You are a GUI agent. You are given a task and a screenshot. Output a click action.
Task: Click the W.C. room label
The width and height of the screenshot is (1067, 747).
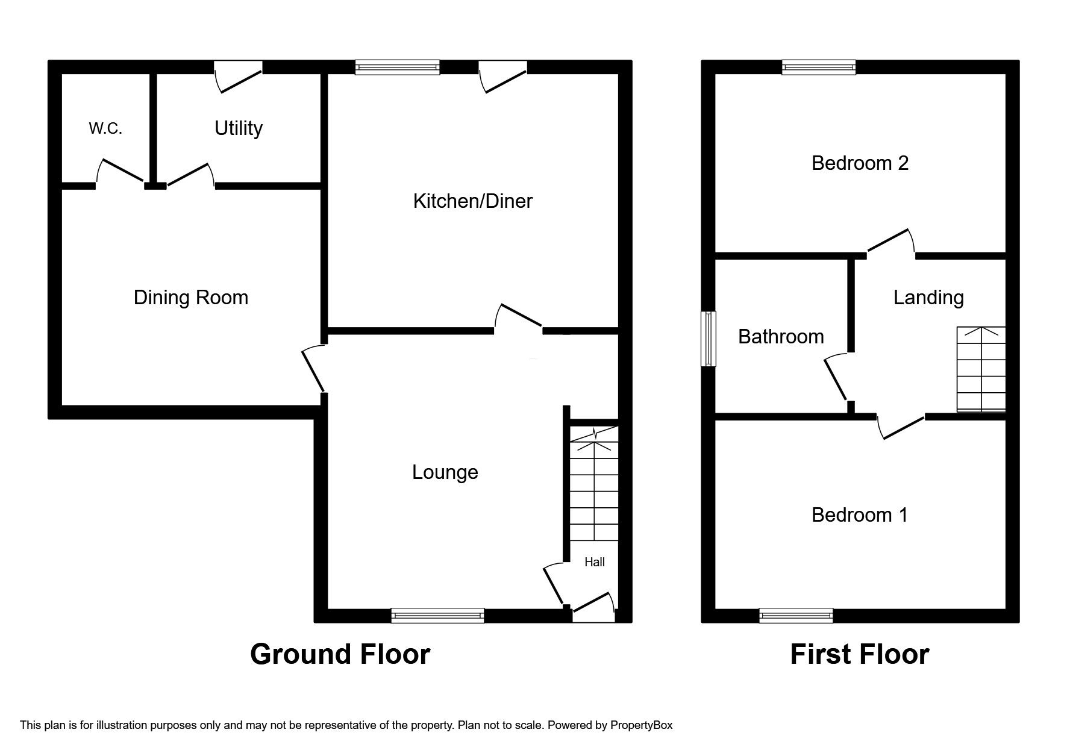[105, 128]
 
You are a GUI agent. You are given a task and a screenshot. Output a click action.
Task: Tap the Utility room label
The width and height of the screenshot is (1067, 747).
[239, 128]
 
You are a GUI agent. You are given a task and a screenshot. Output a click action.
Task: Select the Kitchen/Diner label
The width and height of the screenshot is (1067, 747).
[472, 201]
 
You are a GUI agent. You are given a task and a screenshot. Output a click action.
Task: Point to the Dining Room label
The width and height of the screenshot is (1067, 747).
[191, 298]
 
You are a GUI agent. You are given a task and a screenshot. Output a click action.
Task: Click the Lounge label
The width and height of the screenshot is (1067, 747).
[445, 472]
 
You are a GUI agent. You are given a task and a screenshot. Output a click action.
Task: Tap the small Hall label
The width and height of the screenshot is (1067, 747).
[594, 562]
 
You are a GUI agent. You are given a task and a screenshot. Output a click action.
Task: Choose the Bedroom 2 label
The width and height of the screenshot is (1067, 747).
[860, 163]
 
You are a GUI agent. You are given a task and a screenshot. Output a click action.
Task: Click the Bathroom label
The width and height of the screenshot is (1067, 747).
[781, 336]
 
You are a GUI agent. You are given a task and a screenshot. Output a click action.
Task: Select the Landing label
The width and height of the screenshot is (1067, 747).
[928, 298]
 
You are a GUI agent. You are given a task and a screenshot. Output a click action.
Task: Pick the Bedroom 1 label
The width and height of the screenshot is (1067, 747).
[859, 515]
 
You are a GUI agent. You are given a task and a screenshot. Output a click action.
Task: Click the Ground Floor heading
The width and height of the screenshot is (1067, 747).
[340, 654]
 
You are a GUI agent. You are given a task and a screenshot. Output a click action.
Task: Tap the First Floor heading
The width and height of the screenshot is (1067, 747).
[859, 654]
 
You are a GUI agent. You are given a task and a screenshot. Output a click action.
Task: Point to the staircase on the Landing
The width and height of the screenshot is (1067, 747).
[981, 369]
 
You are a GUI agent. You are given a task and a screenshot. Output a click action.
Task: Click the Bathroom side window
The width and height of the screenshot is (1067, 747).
[709, 339]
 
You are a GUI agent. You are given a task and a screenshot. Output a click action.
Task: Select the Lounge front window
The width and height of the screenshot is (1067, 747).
[437, 615]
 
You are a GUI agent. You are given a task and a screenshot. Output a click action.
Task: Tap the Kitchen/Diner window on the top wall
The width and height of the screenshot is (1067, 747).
[397, 67]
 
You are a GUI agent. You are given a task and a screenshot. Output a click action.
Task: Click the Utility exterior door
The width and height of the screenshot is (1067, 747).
[239, 75]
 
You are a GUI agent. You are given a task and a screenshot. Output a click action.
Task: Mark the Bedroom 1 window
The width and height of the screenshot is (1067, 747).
[796, 615]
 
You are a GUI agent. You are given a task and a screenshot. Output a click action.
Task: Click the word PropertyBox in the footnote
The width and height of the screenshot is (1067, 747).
[641, 725]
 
